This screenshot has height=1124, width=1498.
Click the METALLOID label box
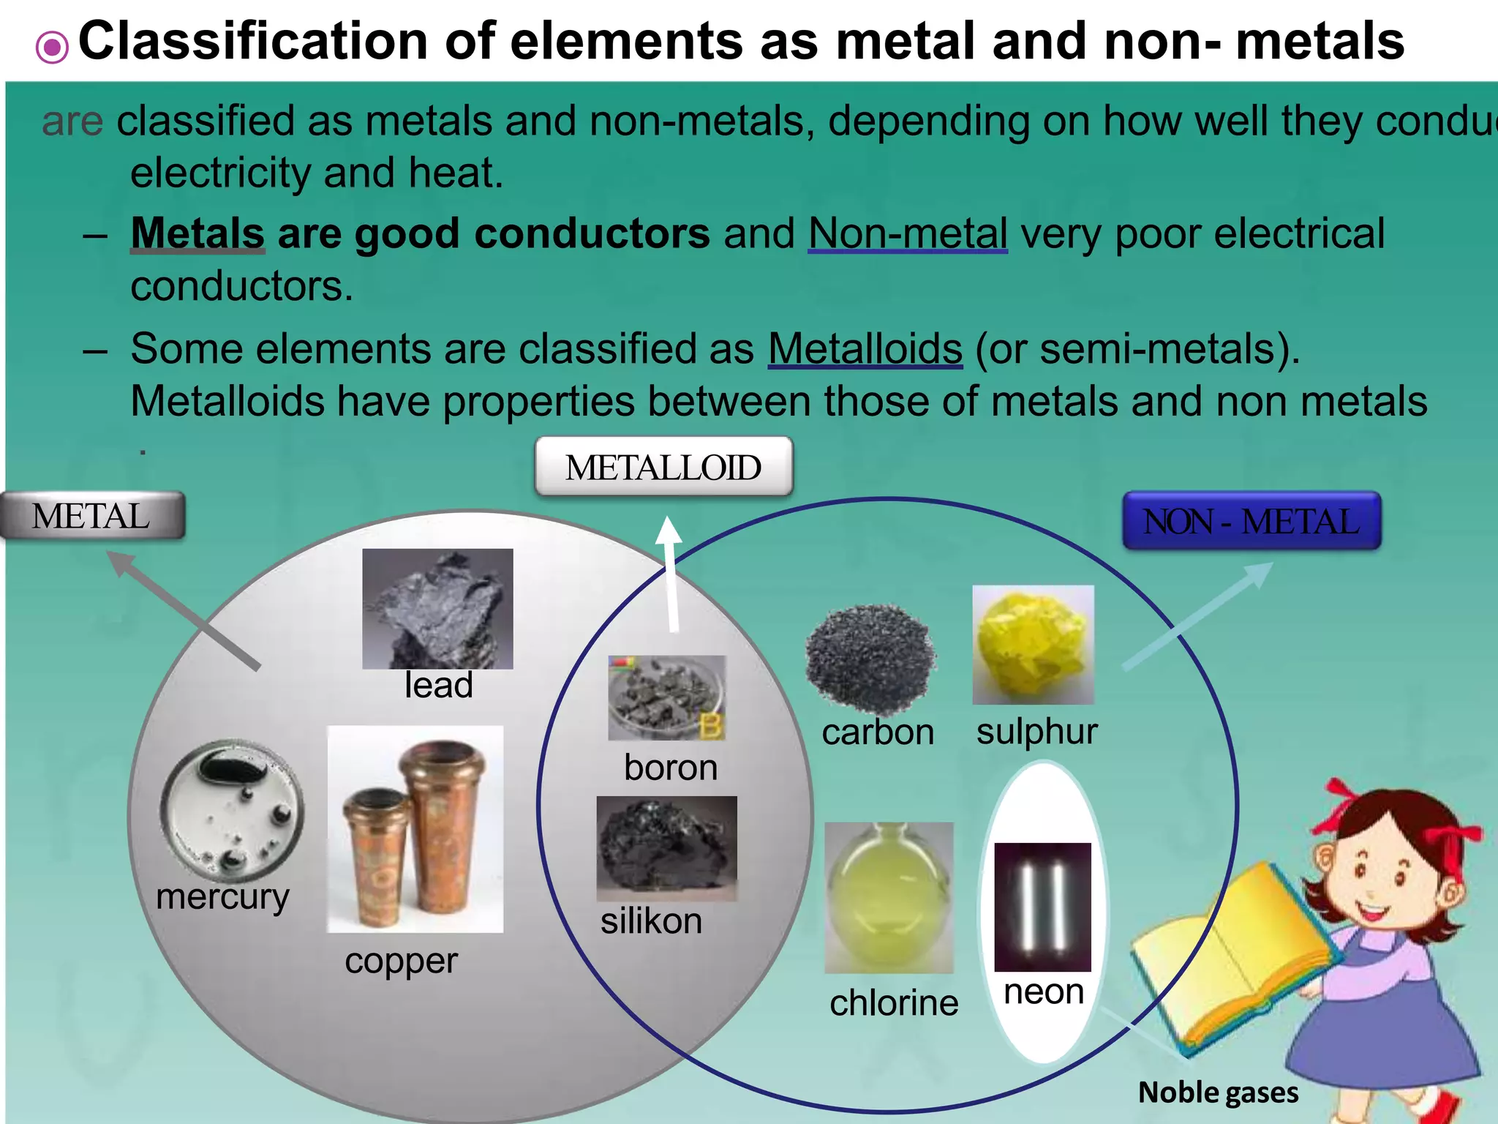[663, 467]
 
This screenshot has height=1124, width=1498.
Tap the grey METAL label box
[92, 516]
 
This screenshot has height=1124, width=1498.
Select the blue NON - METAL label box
[1252, 521]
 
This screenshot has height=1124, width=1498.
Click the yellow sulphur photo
[1033, 645]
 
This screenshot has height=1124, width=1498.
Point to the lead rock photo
[437, 608]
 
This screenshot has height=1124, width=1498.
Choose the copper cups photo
[415, 828]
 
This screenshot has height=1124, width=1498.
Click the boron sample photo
[666, 697]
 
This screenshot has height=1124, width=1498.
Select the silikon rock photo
[666, 848]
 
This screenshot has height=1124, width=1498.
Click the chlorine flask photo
[889, 897]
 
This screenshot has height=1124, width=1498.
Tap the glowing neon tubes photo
[1042, 907]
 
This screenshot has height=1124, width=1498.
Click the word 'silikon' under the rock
[651, 921]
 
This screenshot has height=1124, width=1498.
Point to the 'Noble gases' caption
[1218, 1093]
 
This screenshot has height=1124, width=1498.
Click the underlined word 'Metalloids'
[865, 348]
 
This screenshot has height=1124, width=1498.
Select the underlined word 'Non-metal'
[908, 233]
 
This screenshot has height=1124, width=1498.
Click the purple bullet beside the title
[52, 48]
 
